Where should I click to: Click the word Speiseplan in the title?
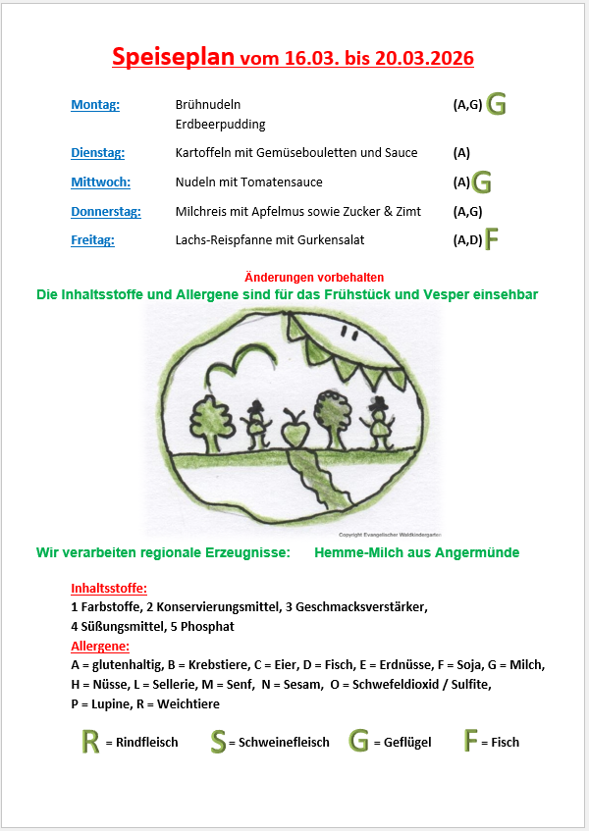tap(173, 57)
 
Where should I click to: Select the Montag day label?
tap(95, 105)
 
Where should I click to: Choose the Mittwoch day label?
tap(100, 182)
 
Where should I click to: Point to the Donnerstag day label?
tap(106, 211)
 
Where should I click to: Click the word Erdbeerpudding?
tap(220, 125)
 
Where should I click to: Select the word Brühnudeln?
tap(207, 105)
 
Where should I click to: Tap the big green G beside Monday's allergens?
tap(497, 104)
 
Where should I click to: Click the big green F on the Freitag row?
tap(492, 240)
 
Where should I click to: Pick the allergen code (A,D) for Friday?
tap(467, 239)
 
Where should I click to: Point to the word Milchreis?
tap(199, 211)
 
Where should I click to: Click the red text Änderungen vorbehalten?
tap(313, 278)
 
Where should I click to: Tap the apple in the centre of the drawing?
tap(293, 433)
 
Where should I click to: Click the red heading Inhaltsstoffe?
tap(109, 589)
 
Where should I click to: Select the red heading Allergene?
tap(100, 646)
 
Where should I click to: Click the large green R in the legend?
tap(90, 742)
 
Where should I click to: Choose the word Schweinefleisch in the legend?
tap(284, 743)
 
